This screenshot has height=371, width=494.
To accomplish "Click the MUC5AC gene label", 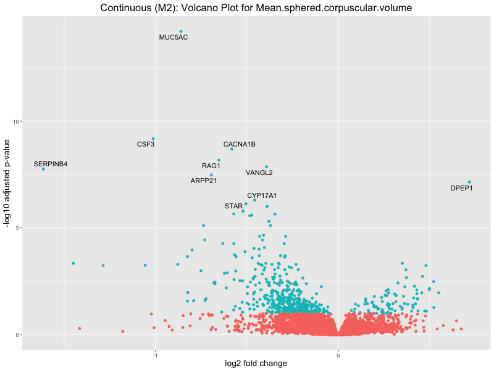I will click(x=174, y=38).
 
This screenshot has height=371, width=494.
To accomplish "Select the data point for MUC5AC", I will click(x=180, y=32).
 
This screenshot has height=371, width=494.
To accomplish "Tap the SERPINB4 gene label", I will click(x=51, y=164).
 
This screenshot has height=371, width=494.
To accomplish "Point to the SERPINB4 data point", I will click(x=43, y=169).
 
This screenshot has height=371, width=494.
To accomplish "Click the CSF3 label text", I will click(x=146, y=145).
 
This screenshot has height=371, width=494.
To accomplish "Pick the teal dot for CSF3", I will click(x=153, y=139).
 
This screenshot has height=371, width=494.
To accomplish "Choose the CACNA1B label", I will click(x=239, y=145).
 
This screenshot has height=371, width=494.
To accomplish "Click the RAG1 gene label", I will click(x=211, y=166).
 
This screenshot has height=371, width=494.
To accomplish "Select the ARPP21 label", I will click(x=204, y=181).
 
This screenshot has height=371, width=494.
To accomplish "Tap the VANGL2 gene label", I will click(x=259, y=173).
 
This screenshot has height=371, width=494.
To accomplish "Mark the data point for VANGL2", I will click(x=266, y=167).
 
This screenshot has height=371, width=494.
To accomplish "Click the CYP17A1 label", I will click(x=262, y=196).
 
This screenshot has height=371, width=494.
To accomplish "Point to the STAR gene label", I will click(x=234, y=206).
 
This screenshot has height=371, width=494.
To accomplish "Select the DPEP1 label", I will click(x=461, y=188).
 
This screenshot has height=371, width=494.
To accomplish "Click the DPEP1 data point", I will click(x=469, y=182).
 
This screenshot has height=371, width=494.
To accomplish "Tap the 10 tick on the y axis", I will click(x=17, y=121).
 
